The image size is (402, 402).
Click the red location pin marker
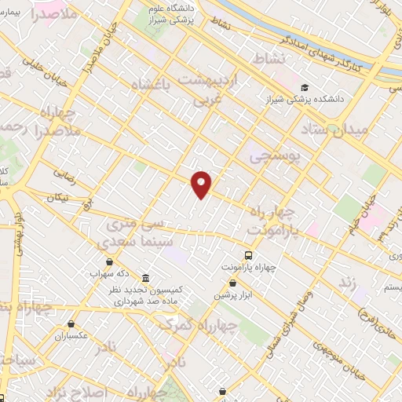click(x=202, y=185)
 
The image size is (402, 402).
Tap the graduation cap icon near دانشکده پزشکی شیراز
click(x=305, y=87)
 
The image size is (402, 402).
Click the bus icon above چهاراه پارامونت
click(x=249, y=255)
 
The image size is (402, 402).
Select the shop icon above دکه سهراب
click(x=108, y=261)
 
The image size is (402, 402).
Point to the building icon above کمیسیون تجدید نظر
click(x=146, y=278)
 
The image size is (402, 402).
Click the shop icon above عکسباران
click(x=71, y=323)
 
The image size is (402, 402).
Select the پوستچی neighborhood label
click(x=275, y=157)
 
